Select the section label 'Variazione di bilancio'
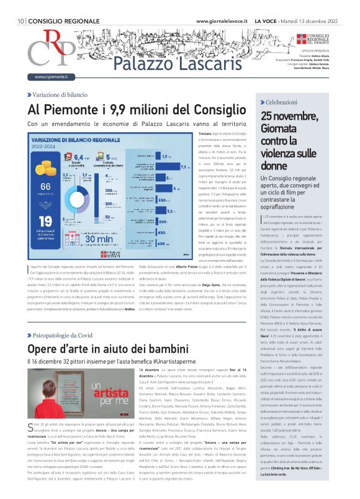pos(59,94)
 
